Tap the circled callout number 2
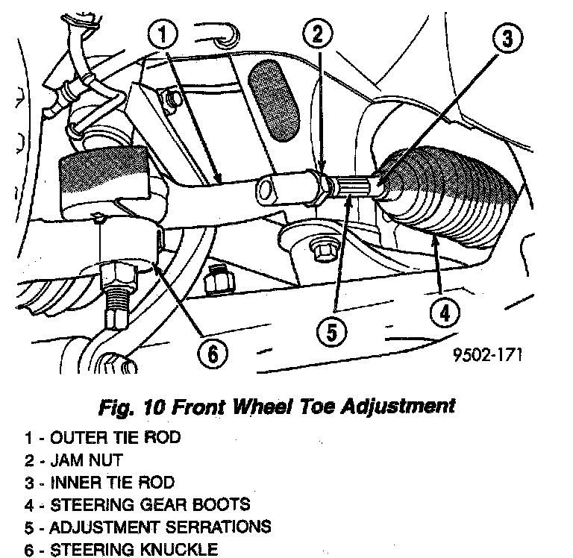click(x=317, y=34)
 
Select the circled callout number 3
click(x=507, y=38)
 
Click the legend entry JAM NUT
click(x=85, y=460)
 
